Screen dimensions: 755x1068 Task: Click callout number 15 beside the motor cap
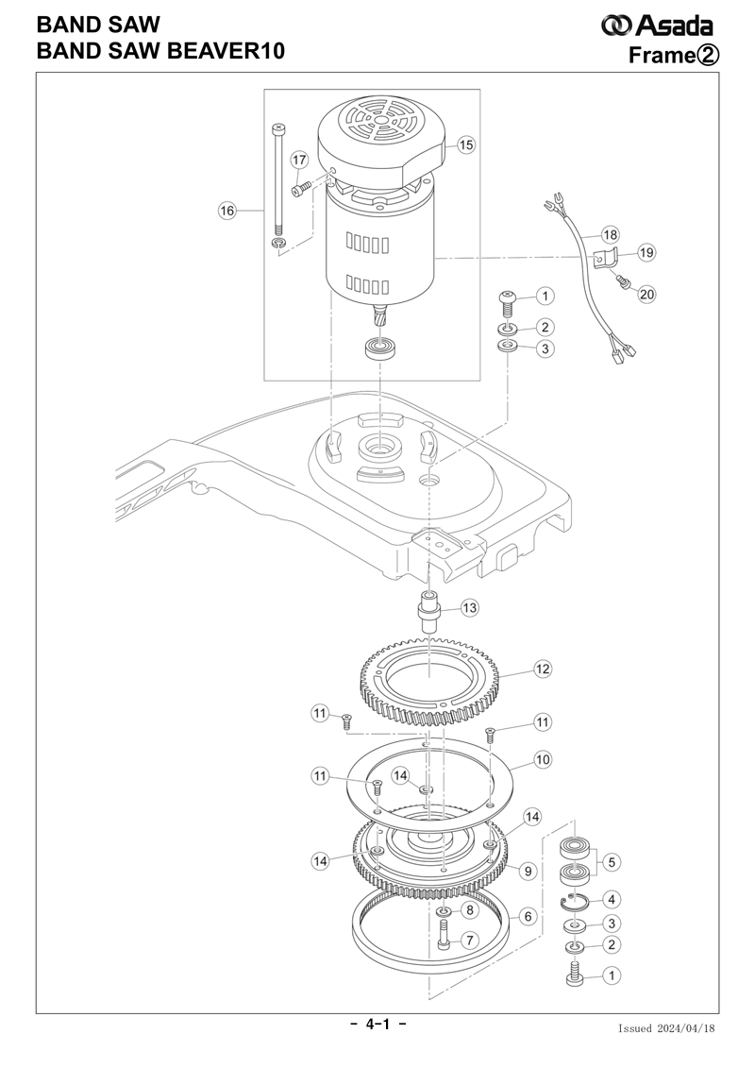point(465,145)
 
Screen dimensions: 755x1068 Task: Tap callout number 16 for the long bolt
point(226,211)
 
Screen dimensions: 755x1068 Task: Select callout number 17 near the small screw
point(299,161)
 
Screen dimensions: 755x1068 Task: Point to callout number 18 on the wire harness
point(610,235)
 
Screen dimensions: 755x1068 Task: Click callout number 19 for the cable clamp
point(646,253)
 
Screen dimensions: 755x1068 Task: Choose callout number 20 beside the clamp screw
point(646,295)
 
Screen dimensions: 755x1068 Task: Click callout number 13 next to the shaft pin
point(470,607)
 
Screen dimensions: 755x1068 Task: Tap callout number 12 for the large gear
point(542,669)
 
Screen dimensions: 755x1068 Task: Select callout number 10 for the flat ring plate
point(542,759)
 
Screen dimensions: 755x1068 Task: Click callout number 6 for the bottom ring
point(528,916)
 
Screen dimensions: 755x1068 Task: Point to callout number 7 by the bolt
point(469,941)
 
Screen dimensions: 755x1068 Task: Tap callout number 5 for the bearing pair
point(612,862)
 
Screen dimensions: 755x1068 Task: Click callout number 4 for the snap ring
point(611,900)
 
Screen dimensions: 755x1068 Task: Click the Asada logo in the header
point(657,25)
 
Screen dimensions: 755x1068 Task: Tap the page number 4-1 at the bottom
point(377,1023)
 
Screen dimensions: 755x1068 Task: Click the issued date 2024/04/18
point(685,1028)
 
